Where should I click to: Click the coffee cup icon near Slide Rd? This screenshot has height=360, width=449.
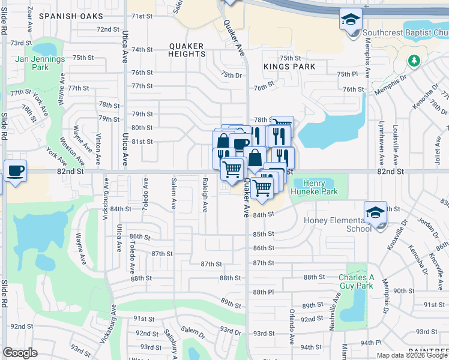[15, 170]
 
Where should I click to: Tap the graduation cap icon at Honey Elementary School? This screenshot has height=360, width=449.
[375, 212]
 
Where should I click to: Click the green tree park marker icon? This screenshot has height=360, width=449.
[414, 61]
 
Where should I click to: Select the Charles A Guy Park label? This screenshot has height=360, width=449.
[356, 281]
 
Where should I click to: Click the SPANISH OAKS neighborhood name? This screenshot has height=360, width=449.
[67, 16]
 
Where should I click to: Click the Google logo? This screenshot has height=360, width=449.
[20, 353]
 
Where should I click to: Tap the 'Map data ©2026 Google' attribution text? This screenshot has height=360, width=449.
[412, 355]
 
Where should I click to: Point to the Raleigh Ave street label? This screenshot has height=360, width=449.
[205, 198]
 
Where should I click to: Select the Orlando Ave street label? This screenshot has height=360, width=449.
[292, 326]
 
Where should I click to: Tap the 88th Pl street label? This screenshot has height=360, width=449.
[263, 292]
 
